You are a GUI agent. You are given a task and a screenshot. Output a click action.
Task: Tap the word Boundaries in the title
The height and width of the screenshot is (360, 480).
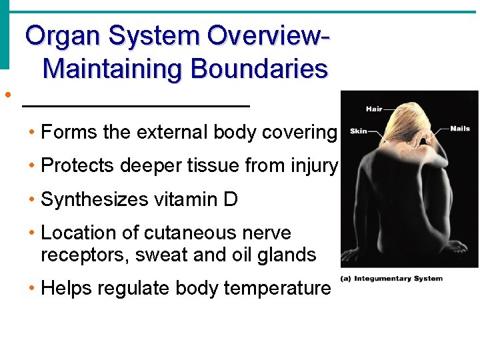[x=259, y=69]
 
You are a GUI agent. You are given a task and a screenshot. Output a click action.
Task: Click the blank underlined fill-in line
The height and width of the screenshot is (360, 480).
[x=136, y=105]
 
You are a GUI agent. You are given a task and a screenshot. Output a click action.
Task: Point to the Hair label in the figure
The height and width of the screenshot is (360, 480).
[x=374, y=109]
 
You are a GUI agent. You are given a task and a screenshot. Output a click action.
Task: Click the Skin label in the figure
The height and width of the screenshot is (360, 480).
[x=359, y=131]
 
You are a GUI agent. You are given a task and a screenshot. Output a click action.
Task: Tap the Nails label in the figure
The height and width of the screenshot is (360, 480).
[x=460, y=129]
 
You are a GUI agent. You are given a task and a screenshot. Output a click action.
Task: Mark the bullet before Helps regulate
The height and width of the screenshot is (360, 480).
[x=33, y=288]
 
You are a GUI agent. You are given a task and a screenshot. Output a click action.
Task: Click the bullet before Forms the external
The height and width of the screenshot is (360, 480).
[x=33, y=132]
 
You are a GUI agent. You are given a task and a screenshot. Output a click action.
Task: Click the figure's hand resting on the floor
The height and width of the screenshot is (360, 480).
[x=454, y=247]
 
